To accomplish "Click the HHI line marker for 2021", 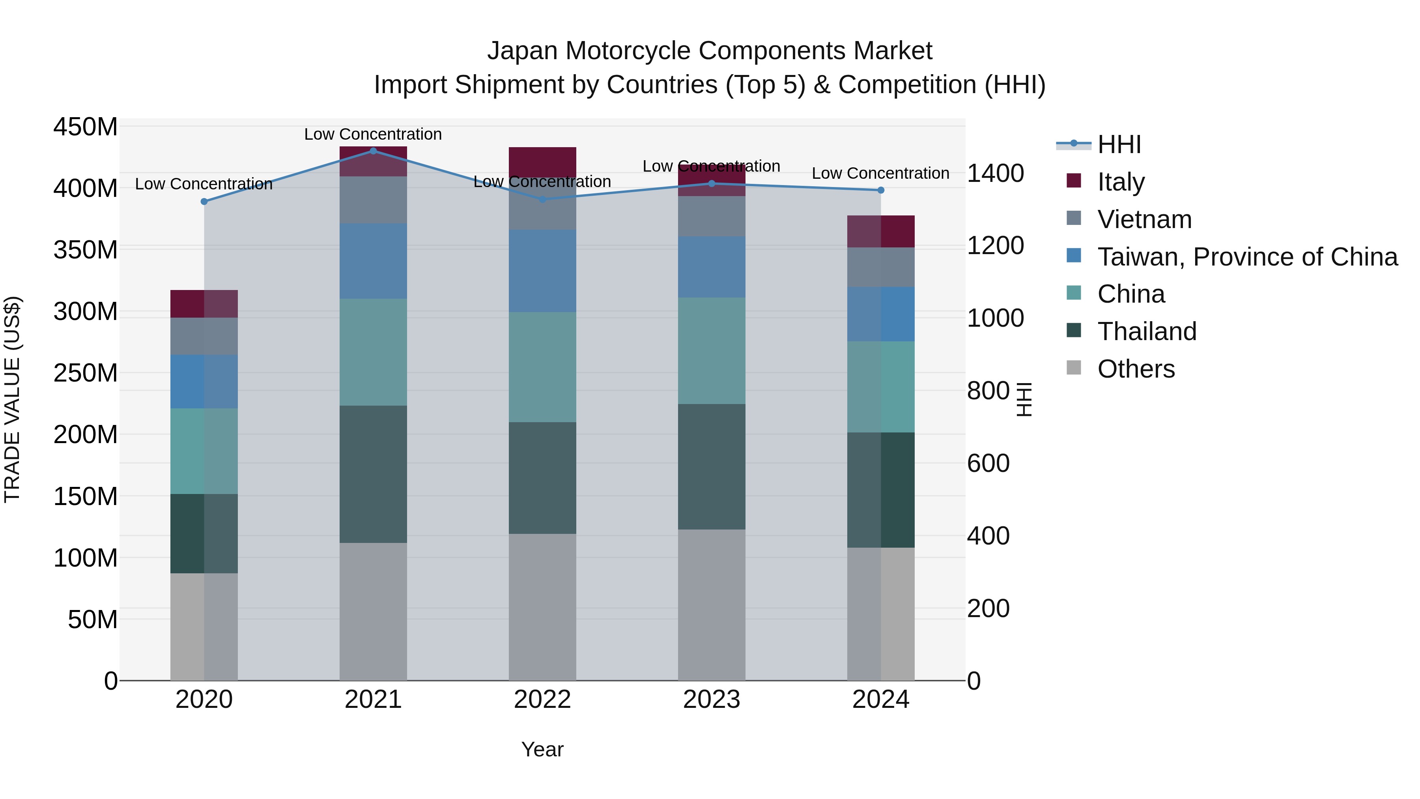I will (373, 151).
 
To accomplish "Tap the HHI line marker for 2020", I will (204, 202).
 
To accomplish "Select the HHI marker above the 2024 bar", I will (880, 190).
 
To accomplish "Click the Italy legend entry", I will (1121, 182).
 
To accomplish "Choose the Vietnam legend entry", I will (1144, 219).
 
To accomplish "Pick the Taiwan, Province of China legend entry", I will (1247, 257).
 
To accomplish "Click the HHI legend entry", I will (1119, 144).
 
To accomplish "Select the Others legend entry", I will (1136, 369).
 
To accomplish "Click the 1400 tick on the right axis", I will (996, 173).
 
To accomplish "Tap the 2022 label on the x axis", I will (542, 700).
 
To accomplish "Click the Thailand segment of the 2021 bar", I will (373, 474).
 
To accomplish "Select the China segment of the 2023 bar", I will (711, 351).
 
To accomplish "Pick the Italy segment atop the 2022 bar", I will (542, 160).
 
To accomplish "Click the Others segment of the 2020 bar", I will (204, 627).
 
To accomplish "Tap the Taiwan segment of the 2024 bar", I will (880, 314).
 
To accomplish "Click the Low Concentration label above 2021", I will (373, 135).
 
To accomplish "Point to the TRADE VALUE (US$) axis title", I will (13, 399).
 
